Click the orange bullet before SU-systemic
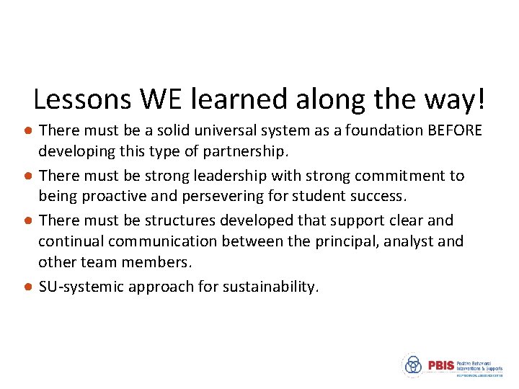pyautogui.click(x=27, y=287)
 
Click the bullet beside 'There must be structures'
pyautogui.click(x=27, y=220)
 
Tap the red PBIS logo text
pyautogui.click(x=440, y=365)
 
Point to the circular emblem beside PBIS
pyautogui.click(x=412, y=365)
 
